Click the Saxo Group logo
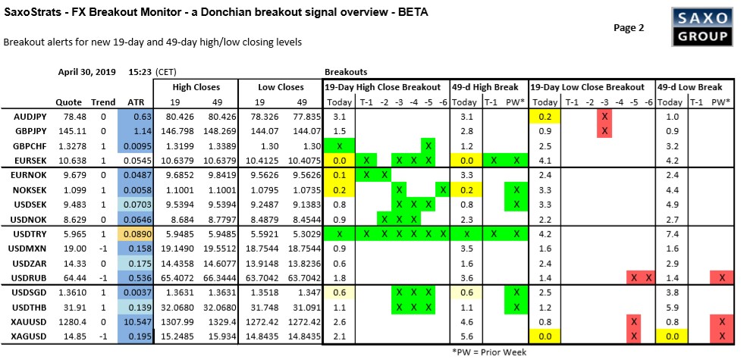click(701, 27)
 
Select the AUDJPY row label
click(32, 116)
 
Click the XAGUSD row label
click(32, 334)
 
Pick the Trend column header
click(103, 102)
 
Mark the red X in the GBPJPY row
click(604, 130)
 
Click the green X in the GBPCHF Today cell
click(339, 145)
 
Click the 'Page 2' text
click(629, 28)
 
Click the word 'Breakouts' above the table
click(347, 72)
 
